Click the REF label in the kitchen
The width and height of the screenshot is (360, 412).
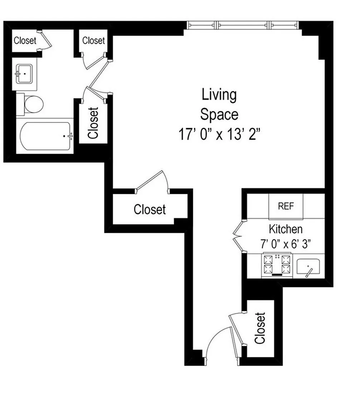[286, 206]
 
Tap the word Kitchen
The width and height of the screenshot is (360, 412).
[286, 229]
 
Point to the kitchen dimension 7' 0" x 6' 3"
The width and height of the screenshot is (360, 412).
[286, 244]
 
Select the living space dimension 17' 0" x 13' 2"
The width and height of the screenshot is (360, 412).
[219, 134]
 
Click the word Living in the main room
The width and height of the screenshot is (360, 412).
[219, 95]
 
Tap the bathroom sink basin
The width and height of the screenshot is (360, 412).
[24, 74]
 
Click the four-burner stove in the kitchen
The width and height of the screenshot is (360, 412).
[277, 265]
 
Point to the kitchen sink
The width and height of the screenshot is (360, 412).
[308, 267]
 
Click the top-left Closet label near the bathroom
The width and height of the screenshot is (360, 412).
[25, 40]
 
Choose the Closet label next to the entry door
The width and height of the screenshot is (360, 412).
[260, 328]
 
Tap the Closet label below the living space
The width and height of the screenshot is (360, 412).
[150, 210]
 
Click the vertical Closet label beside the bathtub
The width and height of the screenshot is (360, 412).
[93, 123]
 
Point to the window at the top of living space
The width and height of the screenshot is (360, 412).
[243, 25]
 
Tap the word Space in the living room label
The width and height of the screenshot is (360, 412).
[219, 114]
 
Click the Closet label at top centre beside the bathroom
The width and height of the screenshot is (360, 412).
[93, 40]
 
